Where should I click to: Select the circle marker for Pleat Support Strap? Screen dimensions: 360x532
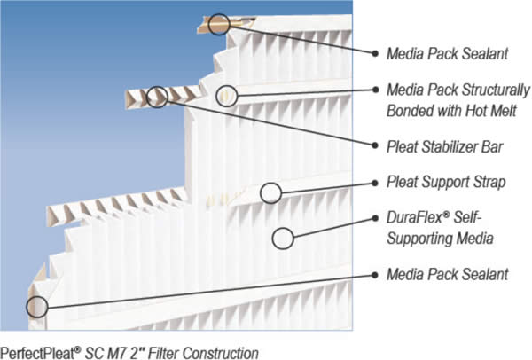(270, 191)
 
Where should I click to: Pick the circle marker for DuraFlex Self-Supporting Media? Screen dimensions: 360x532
(283, 237)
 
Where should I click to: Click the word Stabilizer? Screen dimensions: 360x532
(452, 145)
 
